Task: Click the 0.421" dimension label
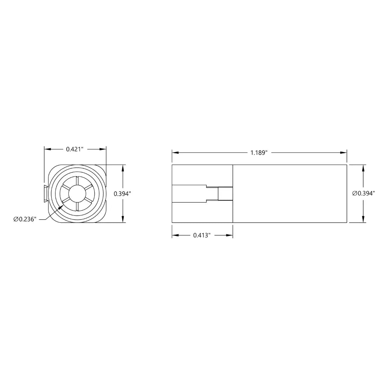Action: (x=75, y=149)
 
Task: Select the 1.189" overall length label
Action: (x=259, y=152)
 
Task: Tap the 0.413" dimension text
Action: (x=202, y=236)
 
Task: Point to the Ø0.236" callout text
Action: (x=25, y=219)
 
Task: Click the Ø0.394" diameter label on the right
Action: (x=364, y=193)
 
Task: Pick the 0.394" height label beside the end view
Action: (x=122, y=194)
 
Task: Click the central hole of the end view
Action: (x=77, y=194)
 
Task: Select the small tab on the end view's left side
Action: (x=46, y=194)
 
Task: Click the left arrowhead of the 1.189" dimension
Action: (x=175, y=152)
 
